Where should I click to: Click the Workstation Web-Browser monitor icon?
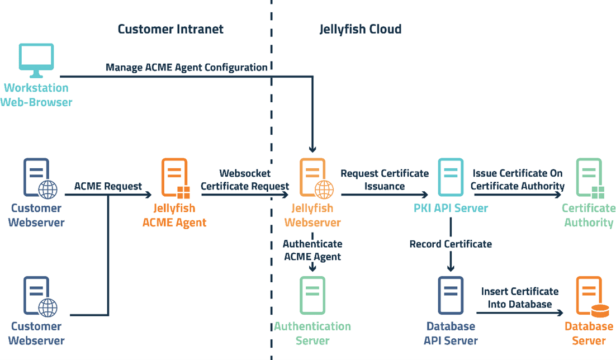pos(36,61)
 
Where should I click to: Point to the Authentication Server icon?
pos(312,296)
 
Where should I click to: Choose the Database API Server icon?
pos(451,296)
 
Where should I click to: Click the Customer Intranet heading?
pos(170,29)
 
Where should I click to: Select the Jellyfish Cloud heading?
pos(360,29)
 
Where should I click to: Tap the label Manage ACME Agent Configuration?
pos(187,68)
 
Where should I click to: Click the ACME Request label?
pos(108,186)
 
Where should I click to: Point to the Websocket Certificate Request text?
pos(245,179)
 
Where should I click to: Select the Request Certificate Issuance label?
pos(384,179)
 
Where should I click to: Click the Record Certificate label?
pos(451,244)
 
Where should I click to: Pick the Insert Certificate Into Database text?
pos(519,298)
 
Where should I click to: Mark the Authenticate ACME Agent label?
pos(312,250)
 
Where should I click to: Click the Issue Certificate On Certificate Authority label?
pos(518,179)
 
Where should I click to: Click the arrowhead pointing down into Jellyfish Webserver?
pos(312,149)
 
